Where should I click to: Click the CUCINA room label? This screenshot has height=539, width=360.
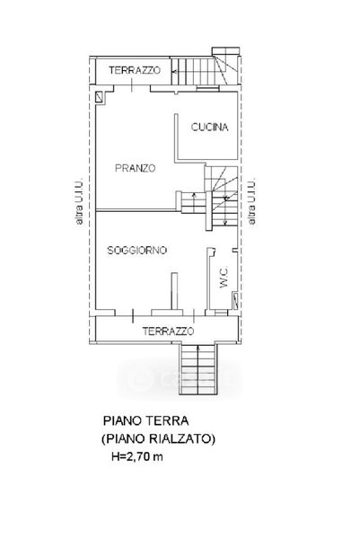coord(209,128)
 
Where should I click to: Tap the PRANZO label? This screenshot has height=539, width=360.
coord(135,169)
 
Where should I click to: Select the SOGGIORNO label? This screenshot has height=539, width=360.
coord(137,250)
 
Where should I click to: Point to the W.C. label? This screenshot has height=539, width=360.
coord(224,278)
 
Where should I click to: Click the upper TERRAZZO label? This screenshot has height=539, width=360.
coord(135,70)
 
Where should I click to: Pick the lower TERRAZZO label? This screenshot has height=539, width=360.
coord(168,331)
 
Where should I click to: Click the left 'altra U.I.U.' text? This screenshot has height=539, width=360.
coord(79,201)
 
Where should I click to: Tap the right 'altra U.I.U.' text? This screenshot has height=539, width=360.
coord(251,201)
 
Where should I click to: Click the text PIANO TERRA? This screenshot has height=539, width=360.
coord(146,420)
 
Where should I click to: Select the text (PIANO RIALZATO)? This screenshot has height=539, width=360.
coord(158,438)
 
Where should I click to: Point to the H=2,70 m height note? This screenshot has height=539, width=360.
coord(137,456)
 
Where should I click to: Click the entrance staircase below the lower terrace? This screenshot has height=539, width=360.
coord(198,369)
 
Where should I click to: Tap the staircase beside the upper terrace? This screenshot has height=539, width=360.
coord(205,71)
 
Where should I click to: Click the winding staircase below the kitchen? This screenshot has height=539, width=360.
coord(222,198)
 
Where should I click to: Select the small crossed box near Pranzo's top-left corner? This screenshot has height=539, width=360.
coord(100,97)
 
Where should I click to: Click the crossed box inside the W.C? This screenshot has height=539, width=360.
coord(235,301)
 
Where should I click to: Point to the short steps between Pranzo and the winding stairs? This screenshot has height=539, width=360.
coord(193,203)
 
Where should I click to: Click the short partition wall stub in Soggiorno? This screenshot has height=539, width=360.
coord(175,291)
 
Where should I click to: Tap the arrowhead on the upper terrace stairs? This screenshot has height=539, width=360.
coord(174,72)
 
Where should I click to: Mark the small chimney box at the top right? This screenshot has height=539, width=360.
coord(225,51)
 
